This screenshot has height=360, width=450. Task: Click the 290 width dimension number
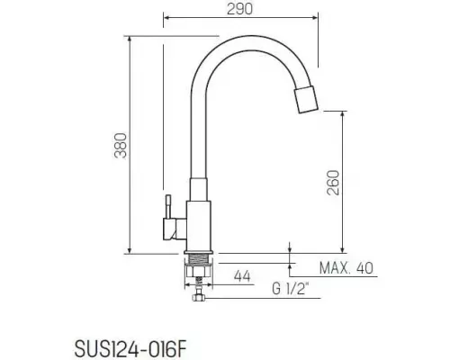coord(239,8)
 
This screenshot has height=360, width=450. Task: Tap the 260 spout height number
coord(332,185)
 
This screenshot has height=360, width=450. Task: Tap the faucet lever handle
coord(167,215)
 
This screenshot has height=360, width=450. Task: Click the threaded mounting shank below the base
coord(199,266)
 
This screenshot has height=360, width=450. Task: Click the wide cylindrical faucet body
coord(199,225)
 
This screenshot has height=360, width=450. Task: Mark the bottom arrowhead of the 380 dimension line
coord(131,248)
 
